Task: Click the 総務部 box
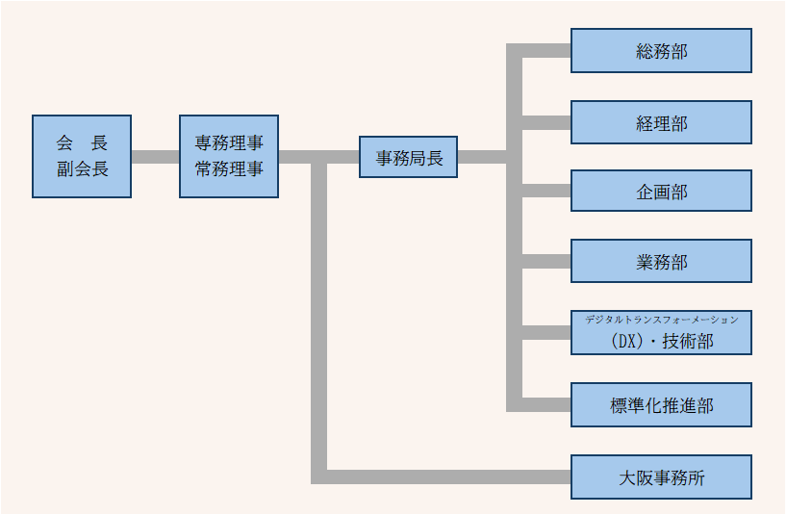[x=661, y=51]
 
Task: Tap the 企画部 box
[x=661, y=191]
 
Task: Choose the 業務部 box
[x=661, y=261]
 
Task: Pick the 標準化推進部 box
[x=661, y=404]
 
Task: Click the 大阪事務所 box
[x=661, y=476]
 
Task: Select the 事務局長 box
[x=408, y=157]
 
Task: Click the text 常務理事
[x=228, y=168]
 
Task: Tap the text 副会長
[x=82, y=168]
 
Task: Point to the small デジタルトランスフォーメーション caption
[x=661, y=319]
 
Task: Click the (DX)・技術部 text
[x=661, y=341]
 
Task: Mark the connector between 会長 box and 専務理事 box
[x=155, y=157]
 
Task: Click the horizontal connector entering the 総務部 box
[x=546, y=51]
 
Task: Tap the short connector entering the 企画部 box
[x=546, y=191]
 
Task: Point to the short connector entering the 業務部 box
[x=546, y=261]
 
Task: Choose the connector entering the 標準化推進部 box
[x=546, y=404]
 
